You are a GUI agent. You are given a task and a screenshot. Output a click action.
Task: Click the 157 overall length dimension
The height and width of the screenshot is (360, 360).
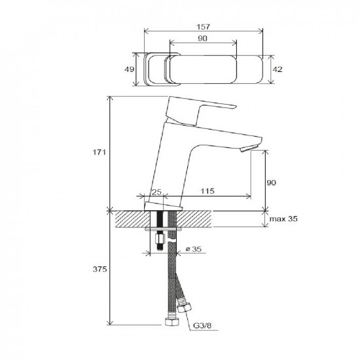[204, 27]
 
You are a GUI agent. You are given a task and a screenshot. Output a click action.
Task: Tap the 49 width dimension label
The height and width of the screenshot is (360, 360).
[129, 69]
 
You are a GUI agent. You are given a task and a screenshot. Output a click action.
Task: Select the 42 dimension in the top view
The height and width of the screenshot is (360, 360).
[278, 69]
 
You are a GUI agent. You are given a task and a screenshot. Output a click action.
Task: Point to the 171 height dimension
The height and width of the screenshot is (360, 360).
[99, 152]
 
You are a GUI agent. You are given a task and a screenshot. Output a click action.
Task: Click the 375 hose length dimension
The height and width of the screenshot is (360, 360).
[99, 269]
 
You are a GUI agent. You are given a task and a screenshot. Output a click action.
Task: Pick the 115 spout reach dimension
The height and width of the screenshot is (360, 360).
[207, 190]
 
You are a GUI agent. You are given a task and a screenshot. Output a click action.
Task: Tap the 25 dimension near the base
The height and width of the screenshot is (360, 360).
[157, 192]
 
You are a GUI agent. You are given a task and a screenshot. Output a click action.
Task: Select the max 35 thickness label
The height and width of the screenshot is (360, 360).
[283, 219]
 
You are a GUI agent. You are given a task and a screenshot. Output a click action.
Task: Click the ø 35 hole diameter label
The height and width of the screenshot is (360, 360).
[193, 249]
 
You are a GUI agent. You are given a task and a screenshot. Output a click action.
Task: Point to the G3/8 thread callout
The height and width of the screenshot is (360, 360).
[202, 325]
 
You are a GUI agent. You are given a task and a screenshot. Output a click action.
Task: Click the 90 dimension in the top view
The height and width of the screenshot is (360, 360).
[202, 39]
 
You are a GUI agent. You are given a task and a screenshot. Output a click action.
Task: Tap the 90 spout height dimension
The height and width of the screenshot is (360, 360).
[271, 183]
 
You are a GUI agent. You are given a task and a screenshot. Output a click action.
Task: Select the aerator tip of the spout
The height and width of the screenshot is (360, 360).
[249, 149]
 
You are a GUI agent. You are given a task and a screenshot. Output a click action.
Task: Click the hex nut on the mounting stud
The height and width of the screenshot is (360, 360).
[160, 240]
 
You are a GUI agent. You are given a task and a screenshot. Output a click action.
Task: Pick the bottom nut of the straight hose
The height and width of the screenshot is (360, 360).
[171, 321]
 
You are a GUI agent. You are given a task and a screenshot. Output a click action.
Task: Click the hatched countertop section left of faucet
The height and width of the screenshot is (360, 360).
[132, 219]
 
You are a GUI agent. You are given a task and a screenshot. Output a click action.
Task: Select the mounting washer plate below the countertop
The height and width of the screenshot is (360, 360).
[163, 229]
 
